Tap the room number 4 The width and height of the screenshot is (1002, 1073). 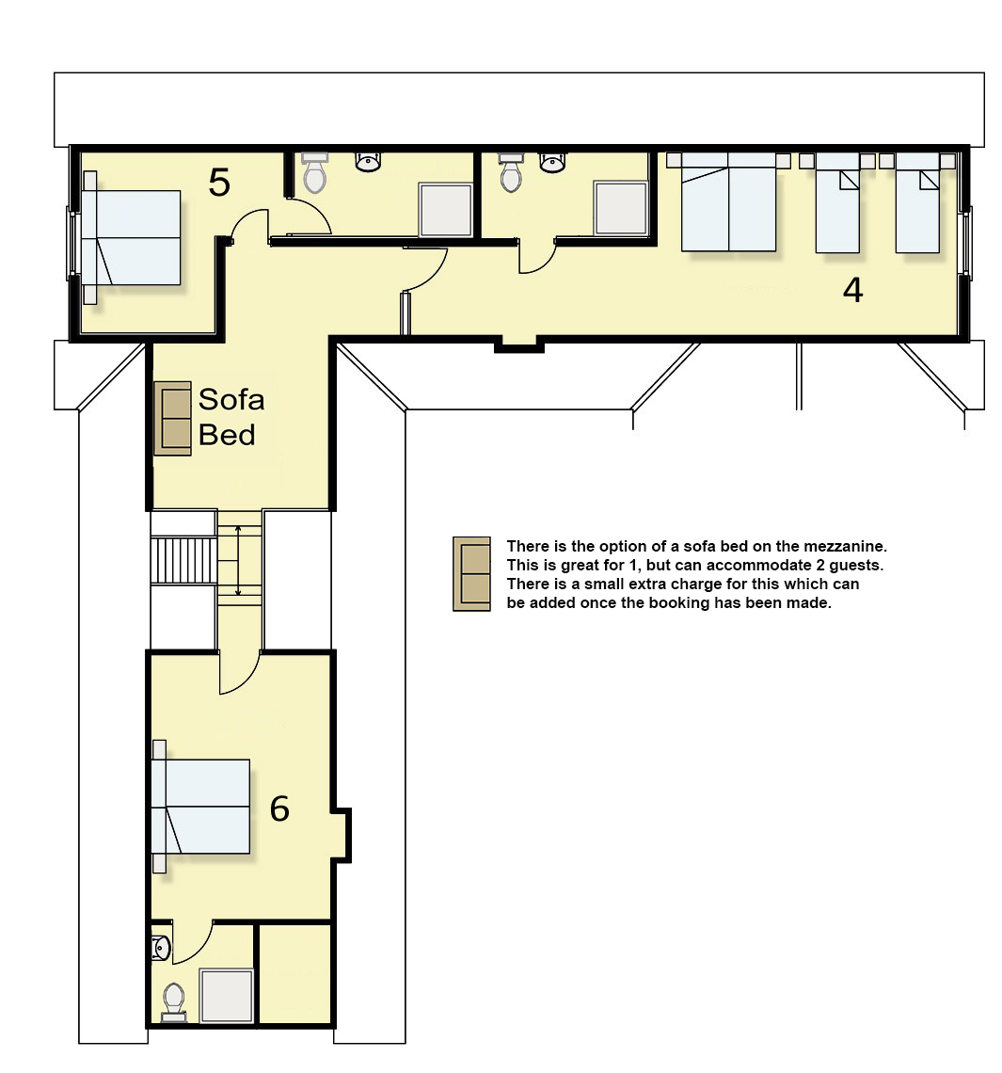pyautogui.click(x=852, y=290)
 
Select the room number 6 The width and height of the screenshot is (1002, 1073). pyautogui.click(x=279, y=809)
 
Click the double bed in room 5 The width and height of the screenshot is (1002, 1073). pyautogui.click(x=132, y=237)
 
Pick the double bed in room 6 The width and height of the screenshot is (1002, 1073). pyautogui.click(x=200, y=806)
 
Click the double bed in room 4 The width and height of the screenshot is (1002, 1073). pyautogui.click(x=728, y=201)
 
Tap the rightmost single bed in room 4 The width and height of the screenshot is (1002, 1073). pyautogui.click(x=918, y=202)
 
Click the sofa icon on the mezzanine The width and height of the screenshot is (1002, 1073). pyautogui.click(x=172, y=418)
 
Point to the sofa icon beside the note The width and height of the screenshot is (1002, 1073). pyautogui.click(x=472, y=573)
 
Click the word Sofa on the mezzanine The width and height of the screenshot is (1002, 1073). pyautogui.click(x=231, y=400)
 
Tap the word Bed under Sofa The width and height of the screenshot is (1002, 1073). pyautogui.click(x=227, y=435)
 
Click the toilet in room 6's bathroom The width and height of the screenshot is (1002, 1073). pyautogui.click(x=174, y=1001)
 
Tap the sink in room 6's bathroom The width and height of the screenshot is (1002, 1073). pyautogui.click(x=161, y=949)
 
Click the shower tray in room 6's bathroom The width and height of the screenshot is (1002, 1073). pyautogui.click(x=227, y=995)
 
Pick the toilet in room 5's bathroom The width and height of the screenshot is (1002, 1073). pyautogui.click(x=314, y=173)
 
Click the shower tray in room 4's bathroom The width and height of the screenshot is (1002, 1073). pyautogui.click(x=620, y=208)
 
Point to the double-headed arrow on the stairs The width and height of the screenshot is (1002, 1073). pyautogui.click(x=238, y=560)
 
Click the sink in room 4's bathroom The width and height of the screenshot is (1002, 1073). pyautogui.click(x=552, y=162)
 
